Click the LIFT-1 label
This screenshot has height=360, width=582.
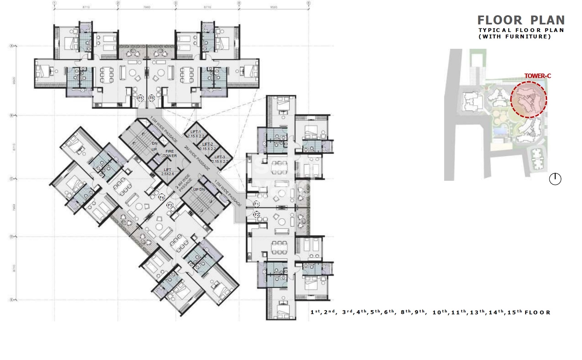pos(196,134)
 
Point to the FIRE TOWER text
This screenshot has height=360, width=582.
pos(170,153)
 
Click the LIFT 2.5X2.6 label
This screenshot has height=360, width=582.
pos(168,172)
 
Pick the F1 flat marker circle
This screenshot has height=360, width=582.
pos(257,204)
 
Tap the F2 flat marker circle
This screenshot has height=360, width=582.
pos(257,214)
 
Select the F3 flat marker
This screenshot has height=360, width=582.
pos(170,205)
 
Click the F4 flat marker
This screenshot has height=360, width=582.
pos(162,197)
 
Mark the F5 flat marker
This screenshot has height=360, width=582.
pos(140,98)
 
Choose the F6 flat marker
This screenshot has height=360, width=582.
pos(152,98)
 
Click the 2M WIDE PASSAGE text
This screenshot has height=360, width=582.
pos(197,158)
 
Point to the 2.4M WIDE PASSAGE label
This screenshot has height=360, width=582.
pos(184,183)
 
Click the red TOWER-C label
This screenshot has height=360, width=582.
pos(537,76)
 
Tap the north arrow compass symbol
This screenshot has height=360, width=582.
pos(555,179)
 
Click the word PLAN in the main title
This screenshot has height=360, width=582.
pos(547,20)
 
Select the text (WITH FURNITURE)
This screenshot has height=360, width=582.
pos(514,36)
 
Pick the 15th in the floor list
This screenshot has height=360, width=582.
pos(514,312)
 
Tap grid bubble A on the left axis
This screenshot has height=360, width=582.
pos(11,46)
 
